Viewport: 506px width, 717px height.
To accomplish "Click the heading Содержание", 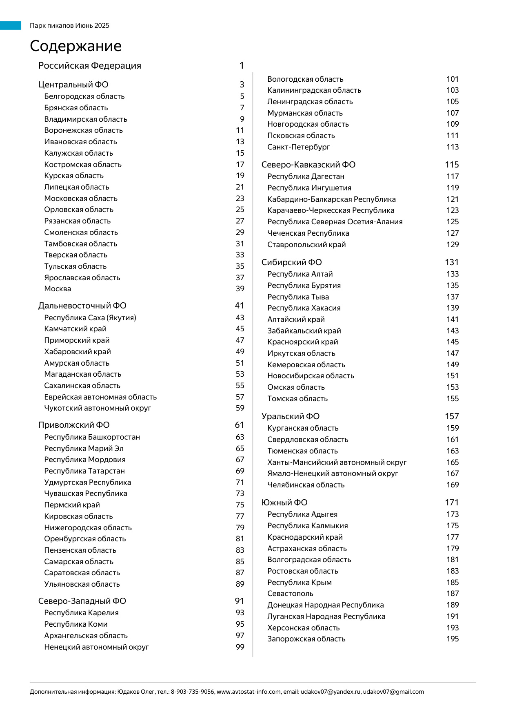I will (75, 46).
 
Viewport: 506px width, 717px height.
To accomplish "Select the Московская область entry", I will (81, 199).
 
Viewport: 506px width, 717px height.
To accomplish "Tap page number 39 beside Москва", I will (240, 289).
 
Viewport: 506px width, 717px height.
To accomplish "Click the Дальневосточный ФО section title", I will (82, 306).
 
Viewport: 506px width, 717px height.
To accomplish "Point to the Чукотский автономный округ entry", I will (98, 408).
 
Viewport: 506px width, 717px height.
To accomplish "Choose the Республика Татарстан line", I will (84, 471).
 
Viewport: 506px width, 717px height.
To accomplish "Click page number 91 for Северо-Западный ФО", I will (240, 601).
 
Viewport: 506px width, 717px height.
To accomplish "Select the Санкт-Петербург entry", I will (298, 147).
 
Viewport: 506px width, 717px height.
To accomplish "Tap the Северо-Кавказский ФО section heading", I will (308, 165).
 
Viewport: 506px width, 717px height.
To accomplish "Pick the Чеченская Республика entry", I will (308, 233).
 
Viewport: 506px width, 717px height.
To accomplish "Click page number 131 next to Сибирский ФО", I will (452, 262).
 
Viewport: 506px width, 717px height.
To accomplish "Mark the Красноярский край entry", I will (302, 342).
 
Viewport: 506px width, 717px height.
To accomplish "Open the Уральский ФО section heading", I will (290, 416).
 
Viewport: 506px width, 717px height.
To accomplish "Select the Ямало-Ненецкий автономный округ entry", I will (333, 474).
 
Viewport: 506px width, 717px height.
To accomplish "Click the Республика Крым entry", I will (299, 583).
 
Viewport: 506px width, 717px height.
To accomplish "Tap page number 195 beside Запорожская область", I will (453, 639).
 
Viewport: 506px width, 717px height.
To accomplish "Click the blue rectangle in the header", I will (11, 25).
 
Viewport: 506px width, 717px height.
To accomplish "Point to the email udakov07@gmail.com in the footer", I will (393, 692).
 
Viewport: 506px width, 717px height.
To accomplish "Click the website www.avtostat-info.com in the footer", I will (249, 692).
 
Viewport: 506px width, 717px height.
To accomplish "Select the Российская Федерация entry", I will (89, 66).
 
